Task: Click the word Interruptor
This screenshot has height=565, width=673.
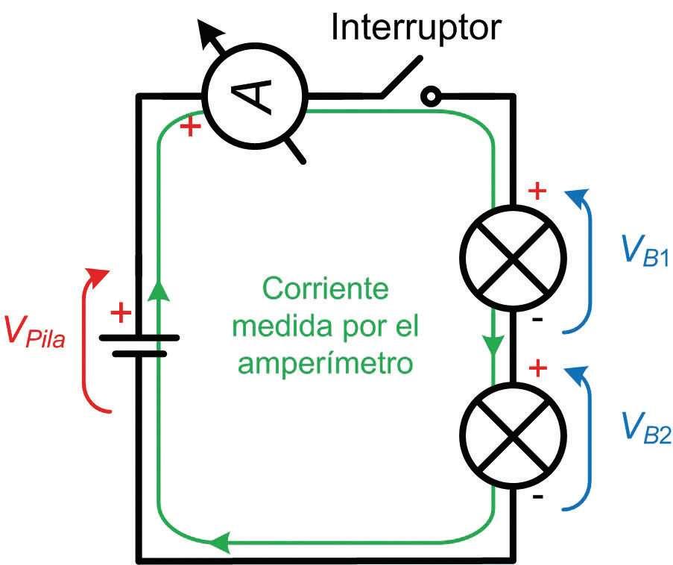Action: [x=417, y=28]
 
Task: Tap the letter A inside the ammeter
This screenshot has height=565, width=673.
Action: [x=256, y=95]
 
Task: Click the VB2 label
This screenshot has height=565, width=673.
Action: [x=644, y=426]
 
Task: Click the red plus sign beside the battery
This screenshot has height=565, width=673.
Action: [x=119, y=313]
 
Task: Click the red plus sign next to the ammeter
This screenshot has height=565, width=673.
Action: [x=192, y=127]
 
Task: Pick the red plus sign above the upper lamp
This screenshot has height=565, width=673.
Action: [x=537, y=192]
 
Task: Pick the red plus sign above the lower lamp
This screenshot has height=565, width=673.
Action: [x=537, y=368]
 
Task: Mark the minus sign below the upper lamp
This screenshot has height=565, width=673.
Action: [x=538, y=321]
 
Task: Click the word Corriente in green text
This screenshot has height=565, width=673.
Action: [x=326, y=289]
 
